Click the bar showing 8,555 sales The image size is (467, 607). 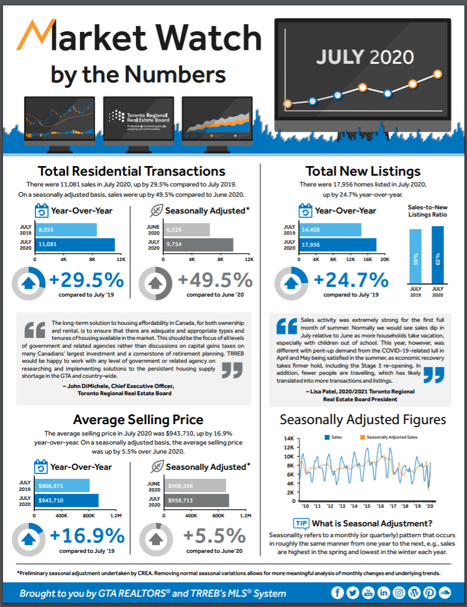(66, 230)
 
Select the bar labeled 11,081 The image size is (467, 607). (75, 245)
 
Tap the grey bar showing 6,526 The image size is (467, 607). (180, 230)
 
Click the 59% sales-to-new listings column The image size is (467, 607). (416, 255)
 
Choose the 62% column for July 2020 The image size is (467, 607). (438, 254)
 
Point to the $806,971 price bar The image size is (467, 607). (61, 485)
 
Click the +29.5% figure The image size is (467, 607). (87, 280)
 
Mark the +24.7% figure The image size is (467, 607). (351, 280)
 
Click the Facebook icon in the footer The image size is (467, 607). (337, 593)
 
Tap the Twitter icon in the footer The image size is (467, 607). (353, 593)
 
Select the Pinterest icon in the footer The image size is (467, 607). (430, 593)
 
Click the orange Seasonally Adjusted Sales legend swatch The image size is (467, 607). (362, 437)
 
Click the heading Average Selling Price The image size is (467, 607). (138, 419)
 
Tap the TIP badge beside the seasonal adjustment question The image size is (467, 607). (301, 523)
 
